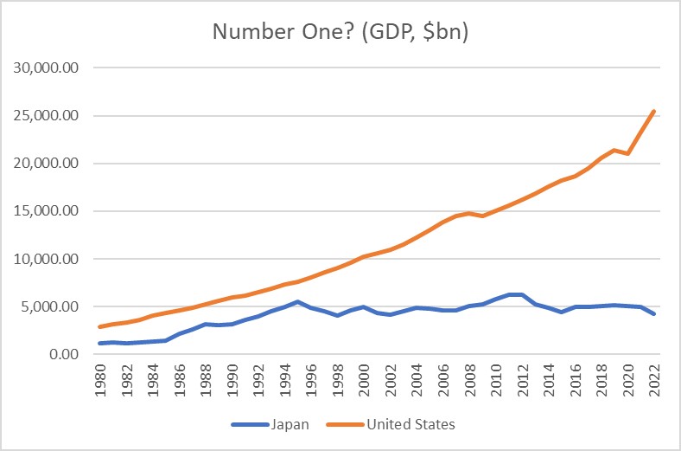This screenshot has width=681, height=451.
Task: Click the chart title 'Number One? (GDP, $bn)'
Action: click(x=340, y=33)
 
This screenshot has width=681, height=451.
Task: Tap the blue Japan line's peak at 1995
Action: click(x=298, y=302)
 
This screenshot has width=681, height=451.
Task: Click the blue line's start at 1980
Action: click(x=99, y=344)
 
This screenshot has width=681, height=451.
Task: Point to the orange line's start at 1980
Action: click(x=99, y=327)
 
